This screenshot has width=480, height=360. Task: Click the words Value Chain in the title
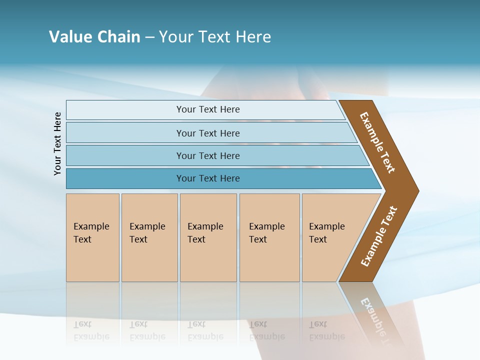(x=94, y=37)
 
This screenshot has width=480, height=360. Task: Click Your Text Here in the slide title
(x=215, y=37)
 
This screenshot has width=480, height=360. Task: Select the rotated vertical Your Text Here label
(x=57, y=143)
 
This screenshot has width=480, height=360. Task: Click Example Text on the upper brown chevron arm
(x=378, y=142)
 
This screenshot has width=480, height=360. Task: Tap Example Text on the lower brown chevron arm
(x=379, y=236)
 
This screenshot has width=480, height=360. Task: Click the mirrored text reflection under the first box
(x=91, y=330)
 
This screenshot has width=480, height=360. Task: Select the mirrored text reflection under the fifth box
(x=326, y=330)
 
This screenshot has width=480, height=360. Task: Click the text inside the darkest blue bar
(x=208, y=178)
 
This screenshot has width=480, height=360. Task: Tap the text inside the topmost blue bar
(x=208, y=109)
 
